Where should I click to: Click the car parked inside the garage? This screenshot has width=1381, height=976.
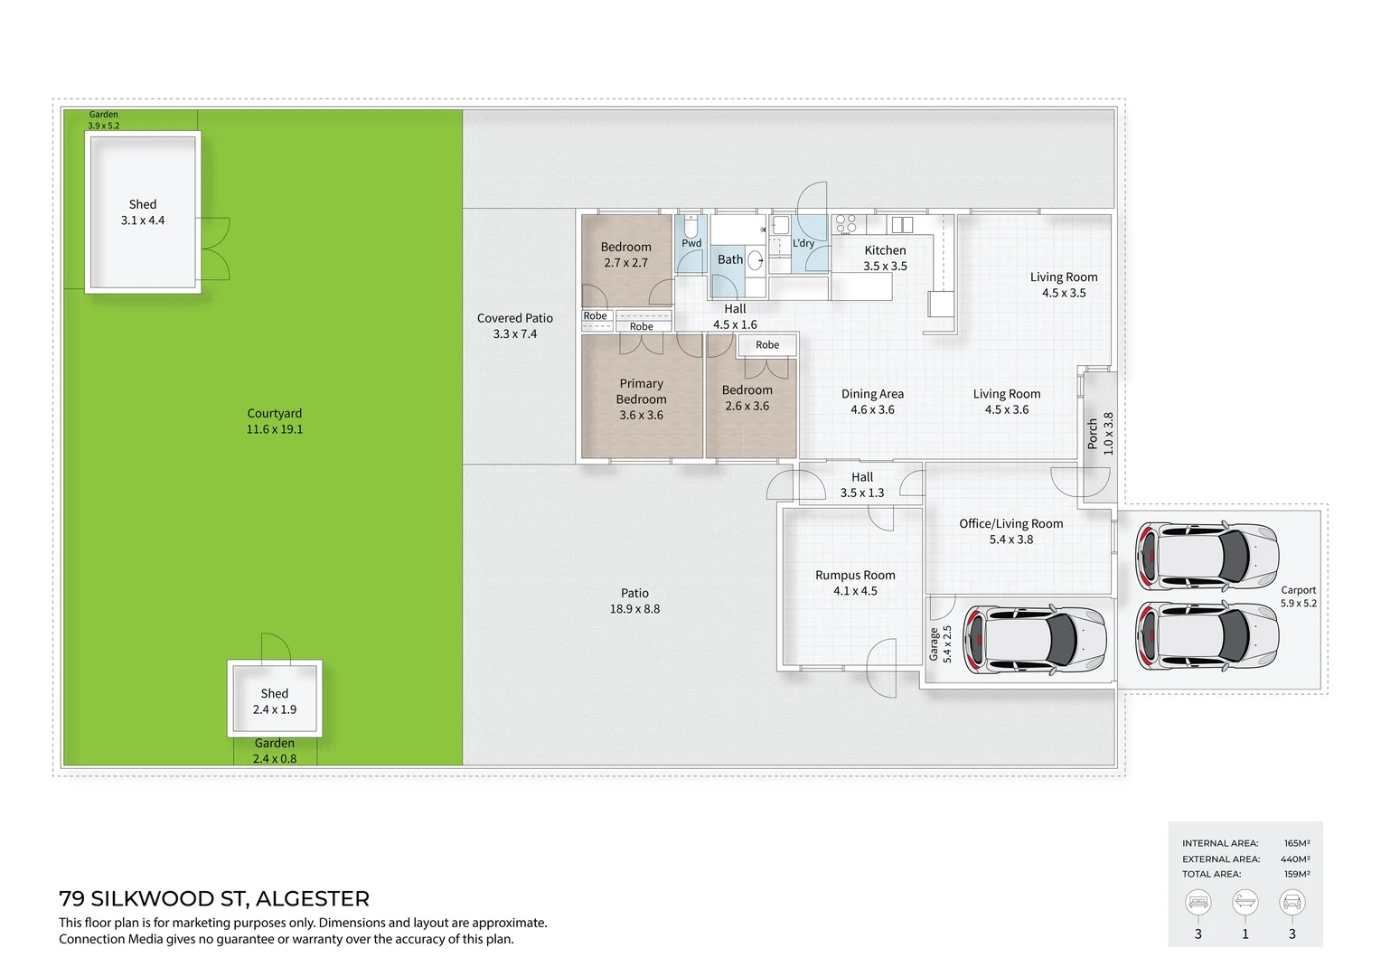(1035, 640)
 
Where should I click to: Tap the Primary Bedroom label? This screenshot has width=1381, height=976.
(641, 399)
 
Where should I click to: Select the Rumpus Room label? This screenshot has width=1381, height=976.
(855, 583)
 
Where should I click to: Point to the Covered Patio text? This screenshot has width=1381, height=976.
(514, 325)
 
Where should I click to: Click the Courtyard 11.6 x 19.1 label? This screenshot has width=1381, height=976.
(275, 421)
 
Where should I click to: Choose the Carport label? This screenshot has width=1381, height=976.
(1298, 596)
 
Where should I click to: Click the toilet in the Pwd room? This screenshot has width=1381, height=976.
(691, 225)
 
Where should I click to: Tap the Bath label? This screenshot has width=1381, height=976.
(729, 259)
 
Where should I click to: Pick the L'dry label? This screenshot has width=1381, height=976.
(803, 243)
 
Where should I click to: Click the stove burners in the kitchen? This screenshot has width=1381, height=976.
(846, 223)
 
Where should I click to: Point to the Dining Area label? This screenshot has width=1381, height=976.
(872, 401)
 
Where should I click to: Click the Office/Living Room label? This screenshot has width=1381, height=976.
(1010, 531)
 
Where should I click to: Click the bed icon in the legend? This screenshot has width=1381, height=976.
(1198, 902)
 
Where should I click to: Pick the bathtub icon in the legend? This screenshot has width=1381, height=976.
(1245, 902)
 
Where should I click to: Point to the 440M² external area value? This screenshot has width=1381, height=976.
(1295, 859)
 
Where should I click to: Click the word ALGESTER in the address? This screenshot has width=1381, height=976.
(313, 898)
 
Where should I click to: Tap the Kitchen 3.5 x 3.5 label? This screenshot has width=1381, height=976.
(885, 258)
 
